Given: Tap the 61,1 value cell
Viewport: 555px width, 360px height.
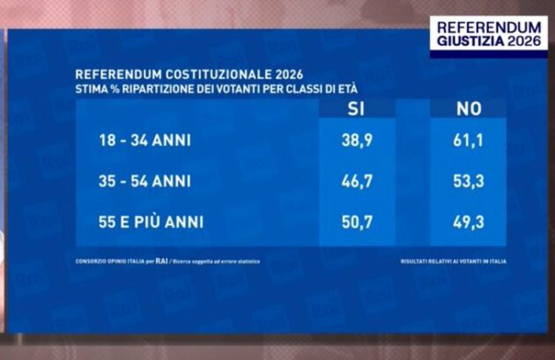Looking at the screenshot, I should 468,140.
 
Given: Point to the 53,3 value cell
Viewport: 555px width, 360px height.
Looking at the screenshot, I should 468,180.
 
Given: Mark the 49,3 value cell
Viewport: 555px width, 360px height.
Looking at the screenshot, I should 468,221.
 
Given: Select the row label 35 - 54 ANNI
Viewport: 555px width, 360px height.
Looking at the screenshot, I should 144,180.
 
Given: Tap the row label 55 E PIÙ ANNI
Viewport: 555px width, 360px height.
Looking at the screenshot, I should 152,221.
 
